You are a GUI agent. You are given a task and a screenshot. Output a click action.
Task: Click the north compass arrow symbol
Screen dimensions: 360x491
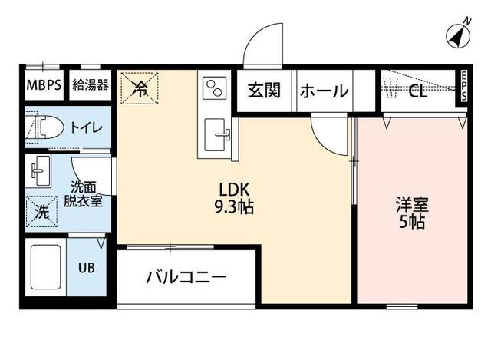(457, 35)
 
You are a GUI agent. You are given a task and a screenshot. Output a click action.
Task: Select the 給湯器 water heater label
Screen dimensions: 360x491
(91, 84)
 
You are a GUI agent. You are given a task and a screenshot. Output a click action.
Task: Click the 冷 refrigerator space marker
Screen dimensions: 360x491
(140, 88)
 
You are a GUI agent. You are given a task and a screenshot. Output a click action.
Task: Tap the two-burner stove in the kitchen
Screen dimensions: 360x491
(214, 90)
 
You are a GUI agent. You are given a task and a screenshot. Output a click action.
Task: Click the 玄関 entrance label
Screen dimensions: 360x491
(263, 91)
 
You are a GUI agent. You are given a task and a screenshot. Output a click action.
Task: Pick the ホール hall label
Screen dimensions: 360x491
(323, 91)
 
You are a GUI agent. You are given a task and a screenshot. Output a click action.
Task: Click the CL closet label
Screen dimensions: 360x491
(418, 92)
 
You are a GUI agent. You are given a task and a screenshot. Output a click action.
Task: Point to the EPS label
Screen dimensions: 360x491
(464, 86)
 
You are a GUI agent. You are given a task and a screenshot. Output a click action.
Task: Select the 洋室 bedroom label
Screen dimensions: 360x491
(411, 206)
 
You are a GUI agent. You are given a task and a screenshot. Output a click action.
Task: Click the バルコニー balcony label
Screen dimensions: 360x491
(186, 277)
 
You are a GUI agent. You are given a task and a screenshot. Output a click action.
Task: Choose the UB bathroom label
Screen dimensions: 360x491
(86, 269)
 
